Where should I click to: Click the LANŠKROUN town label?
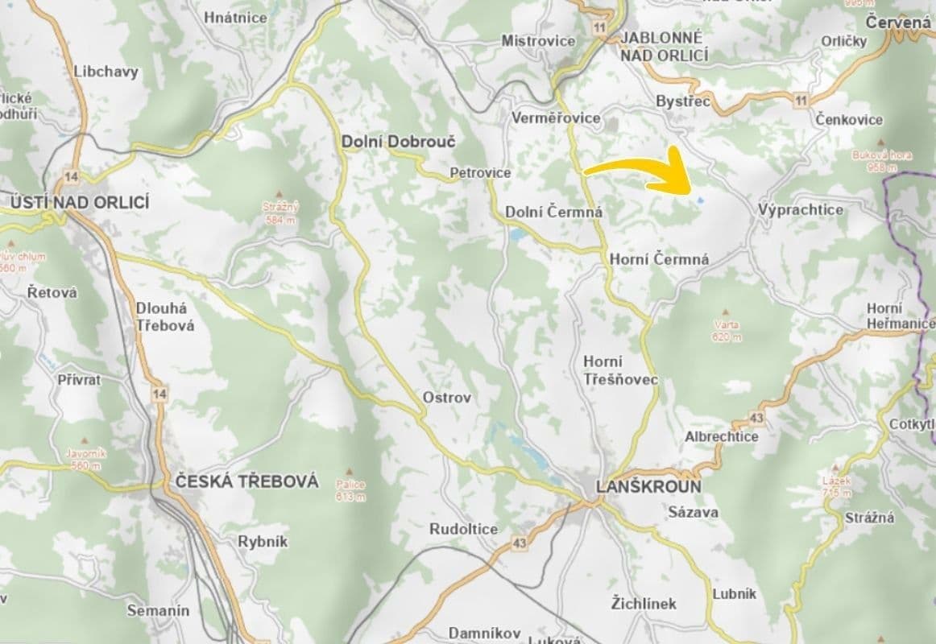pos(648,486)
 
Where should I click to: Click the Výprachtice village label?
pos(800,209)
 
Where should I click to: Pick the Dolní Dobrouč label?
pos(399,142)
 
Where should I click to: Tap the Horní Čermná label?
pos(660,259)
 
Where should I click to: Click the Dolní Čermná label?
pos(553,212)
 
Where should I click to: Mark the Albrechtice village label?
pos(721,436)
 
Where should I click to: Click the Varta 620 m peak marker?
pos(727,311)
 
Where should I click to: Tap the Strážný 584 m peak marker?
pos(280,194)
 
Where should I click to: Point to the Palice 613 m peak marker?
pos(350,472)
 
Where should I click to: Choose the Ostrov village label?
pos(447,397)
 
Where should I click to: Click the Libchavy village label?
pos(106,71)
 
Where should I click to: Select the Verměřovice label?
pos(556,118)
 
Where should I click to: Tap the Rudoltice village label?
pos(463,529)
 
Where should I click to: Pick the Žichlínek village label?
pos(644,603)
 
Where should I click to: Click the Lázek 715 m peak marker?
pos(838,466)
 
